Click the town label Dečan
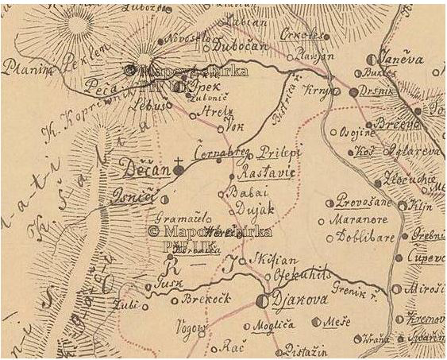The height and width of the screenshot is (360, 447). [x=144, y=168]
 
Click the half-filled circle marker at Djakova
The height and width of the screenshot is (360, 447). [x=263, y=300]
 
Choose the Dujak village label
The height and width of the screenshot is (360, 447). [x=250, y=210]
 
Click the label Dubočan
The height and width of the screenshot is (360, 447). [x=245, y=47]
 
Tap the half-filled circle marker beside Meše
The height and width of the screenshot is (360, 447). [x=318, y=322]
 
